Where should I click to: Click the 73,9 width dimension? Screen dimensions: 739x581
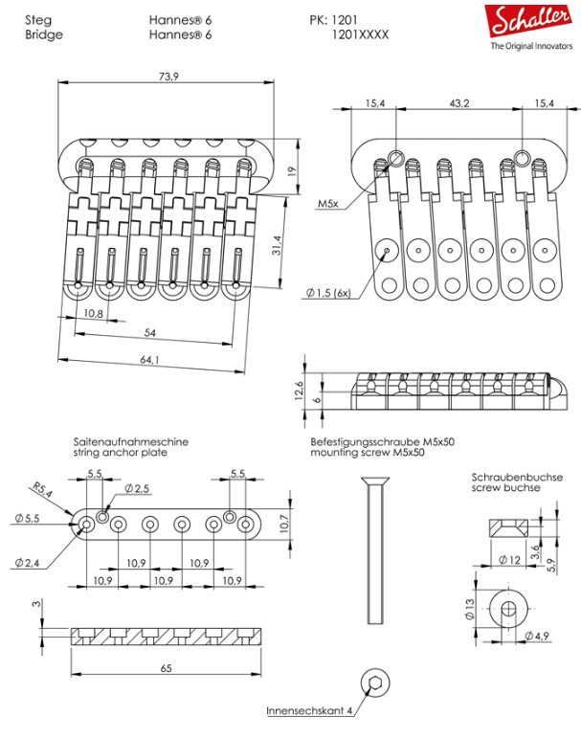pyautogui.click(x=168, y=77)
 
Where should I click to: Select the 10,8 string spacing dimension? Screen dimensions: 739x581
pyautogui.click(x=93, y=315)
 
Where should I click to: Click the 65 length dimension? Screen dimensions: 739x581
pyautogui.click(x=166, y=669)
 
